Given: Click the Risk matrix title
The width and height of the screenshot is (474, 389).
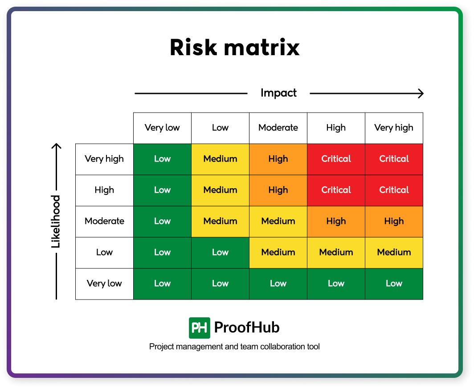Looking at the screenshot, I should tap(234, 48).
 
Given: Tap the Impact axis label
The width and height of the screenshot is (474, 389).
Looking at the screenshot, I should tap(278, 93).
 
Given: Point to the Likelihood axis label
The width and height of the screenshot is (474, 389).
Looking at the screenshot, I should tap(56, 221).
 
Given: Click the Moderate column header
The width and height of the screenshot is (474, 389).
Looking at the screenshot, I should tap(278, 128).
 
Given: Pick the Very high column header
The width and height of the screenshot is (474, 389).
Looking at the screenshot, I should tap(394, 128).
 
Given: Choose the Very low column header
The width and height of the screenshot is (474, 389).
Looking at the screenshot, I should tap(162, 128).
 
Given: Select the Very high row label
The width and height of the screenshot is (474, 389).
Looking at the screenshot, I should tap(104, 159).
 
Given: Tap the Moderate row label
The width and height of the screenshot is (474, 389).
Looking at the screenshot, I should tap(104, 221).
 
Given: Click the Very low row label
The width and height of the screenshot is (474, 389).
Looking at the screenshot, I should tap(104, 284).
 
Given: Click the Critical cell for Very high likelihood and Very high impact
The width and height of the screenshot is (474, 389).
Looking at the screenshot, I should tap(394, 159).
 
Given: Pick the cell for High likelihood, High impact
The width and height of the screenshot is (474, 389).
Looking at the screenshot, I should tap(336, 190).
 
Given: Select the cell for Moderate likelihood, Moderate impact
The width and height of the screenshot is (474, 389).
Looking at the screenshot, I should tap(278, 221).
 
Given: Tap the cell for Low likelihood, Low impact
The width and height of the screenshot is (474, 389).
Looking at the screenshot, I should tap(220, 252).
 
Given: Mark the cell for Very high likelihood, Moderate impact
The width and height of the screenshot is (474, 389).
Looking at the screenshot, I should tap(278, 159).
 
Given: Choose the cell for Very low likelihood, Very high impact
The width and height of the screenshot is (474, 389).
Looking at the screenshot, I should tap(394, 284).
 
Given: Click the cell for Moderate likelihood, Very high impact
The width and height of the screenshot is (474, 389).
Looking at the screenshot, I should tap(394, 221).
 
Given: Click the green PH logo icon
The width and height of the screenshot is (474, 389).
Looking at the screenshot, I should tap(199, 328).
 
